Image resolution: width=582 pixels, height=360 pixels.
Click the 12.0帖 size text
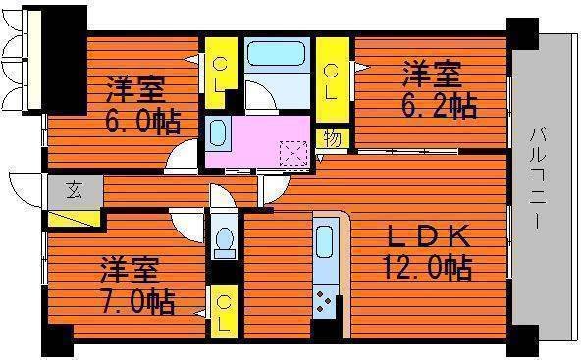point(427,266)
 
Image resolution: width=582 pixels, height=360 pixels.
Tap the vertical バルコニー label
point(539,180)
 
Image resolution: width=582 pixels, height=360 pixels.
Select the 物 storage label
point(332,138)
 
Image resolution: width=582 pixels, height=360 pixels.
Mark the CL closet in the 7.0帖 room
point(225,311)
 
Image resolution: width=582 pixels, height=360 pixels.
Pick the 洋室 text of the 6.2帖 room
point(430,73)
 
